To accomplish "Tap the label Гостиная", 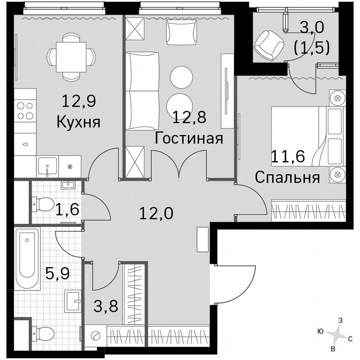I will point(188,138).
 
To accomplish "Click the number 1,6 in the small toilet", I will point(67,208).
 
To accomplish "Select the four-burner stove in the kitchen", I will point(25,111).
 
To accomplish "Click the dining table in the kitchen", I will point(71,55).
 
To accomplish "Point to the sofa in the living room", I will point(142,91).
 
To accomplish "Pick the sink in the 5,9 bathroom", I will point(73,299).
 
